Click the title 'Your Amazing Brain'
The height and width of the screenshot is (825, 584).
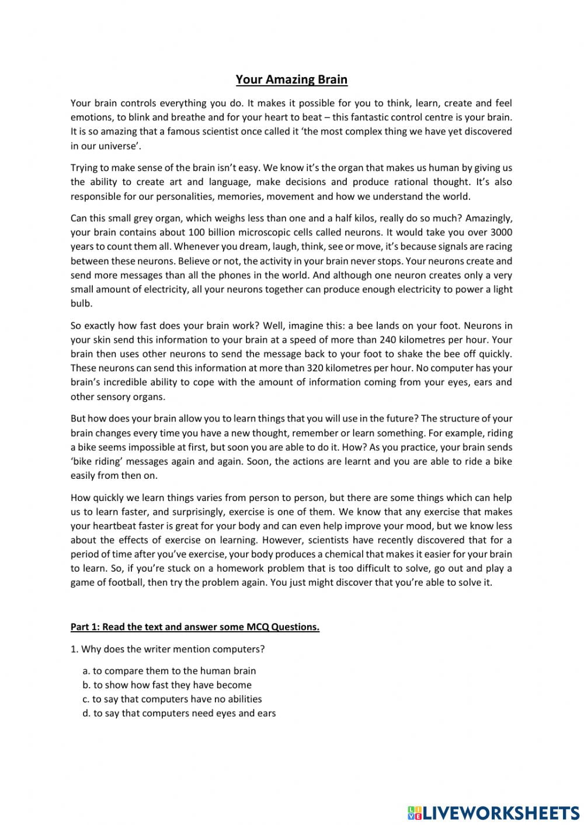click(x=291, y=79)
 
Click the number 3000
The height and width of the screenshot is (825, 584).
click(x=500, y=232)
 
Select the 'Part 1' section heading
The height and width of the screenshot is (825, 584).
click(x=194, y=627)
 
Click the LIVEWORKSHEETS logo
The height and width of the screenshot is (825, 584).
click(x=493, y=812)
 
